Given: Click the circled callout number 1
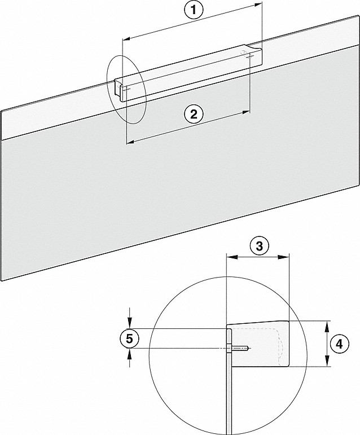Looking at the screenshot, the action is click(x=194, y=10).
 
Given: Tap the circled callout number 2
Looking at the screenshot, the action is click(x=194, y=114).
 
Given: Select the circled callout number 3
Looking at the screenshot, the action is click(x=259, y=246).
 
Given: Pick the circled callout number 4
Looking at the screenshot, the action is click(x=339, y=344).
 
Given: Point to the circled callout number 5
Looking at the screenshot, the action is click(x=130, y=339).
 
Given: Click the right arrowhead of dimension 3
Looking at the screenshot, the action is click(x=284, y=257).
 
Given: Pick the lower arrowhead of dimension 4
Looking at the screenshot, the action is click(x=327, y=361).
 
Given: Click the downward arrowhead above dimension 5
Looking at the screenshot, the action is click(x=130, y=323).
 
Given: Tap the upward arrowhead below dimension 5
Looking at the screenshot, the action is click(x=130, y=354).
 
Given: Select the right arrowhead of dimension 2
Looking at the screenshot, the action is click(x=245, y=112).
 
